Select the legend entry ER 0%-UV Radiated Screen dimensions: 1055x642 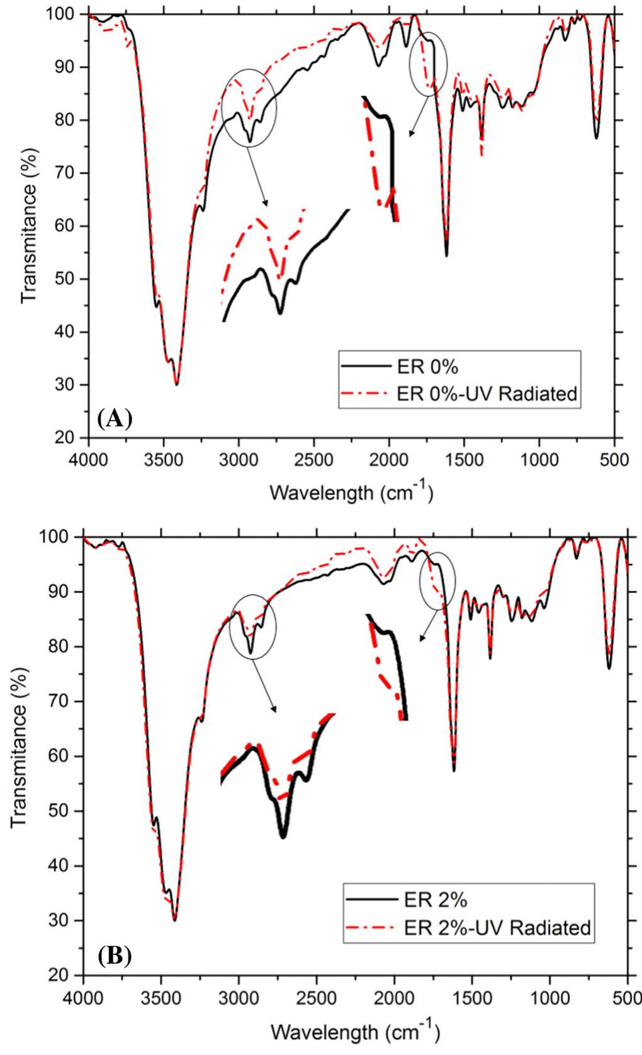487,394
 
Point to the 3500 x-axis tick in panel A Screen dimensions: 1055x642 164,458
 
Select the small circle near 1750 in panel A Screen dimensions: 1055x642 429,64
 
